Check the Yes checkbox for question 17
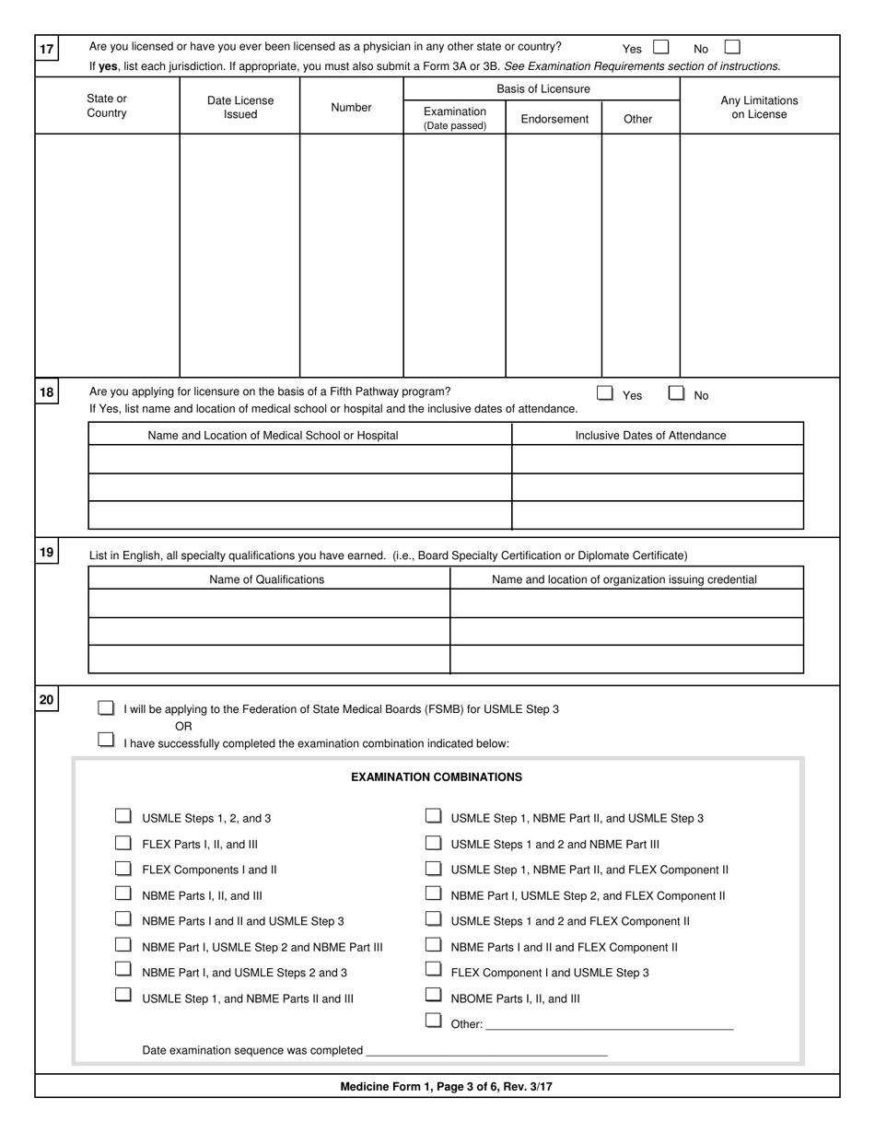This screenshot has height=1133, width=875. point(660,47)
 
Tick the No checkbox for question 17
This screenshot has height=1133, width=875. point(732,47)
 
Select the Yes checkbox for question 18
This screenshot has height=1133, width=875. point(605,393)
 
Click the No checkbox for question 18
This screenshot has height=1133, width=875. point(677,393)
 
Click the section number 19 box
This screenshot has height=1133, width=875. point(46,553)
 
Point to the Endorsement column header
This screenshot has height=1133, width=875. point(554,119)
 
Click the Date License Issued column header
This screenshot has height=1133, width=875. point(239,108)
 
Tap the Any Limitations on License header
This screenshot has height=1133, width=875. point(759,108)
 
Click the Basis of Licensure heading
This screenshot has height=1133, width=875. point(543,89)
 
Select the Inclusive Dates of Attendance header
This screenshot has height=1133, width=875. point(650,436)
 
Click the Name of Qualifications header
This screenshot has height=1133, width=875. point(267,579)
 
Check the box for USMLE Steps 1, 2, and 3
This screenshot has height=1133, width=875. point(123,816)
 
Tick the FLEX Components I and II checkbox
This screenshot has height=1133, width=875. point(123,868)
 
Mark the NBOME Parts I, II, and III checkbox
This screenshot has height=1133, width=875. point(433,996)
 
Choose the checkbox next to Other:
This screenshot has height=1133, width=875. point(433,1021)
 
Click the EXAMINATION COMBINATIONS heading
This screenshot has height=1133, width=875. point(437,777)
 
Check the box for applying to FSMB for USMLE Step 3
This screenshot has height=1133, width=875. point(107,708)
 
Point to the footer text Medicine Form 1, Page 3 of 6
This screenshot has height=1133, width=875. point(447,1087)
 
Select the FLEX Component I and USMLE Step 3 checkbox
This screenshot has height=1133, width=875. point(433,970)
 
